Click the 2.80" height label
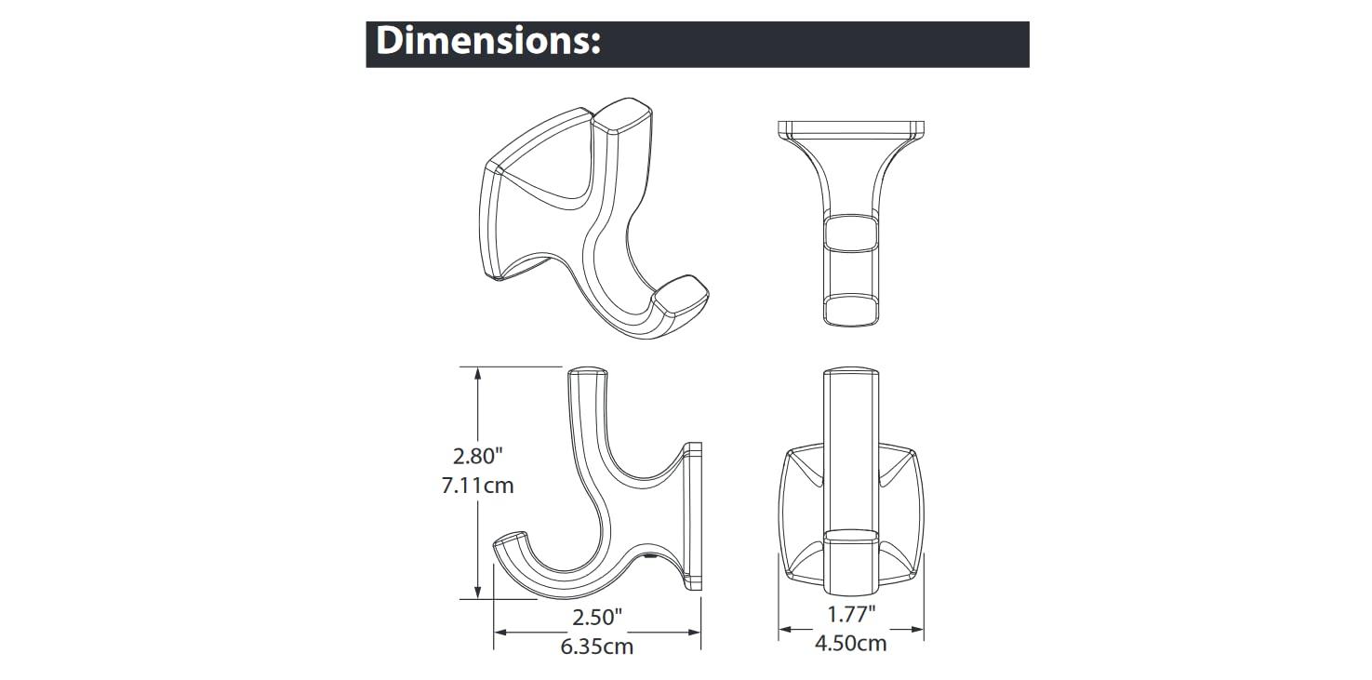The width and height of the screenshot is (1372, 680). tap(478, 456)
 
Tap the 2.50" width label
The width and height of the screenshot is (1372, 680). tap(596, 616)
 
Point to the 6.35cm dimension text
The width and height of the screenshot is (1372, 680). tap(596, 646)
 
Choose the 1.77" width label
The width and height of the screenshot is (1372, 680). tap(850, 614)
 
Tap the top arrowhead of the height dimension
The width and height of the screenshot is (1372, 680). tap(478, 374)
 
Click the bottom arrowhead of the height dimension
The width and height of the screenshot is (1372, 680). tap(478, 592)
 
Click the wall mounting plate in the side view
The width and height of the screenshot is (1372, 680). tap(693, 516)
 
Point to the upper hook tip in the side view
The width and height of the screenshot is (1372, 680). tap(586, 372)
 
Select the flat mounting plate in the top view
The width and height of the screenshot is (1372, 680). tap(850, 127)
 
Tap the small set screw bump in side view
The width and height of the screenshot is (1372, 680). tap(648, 559)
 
